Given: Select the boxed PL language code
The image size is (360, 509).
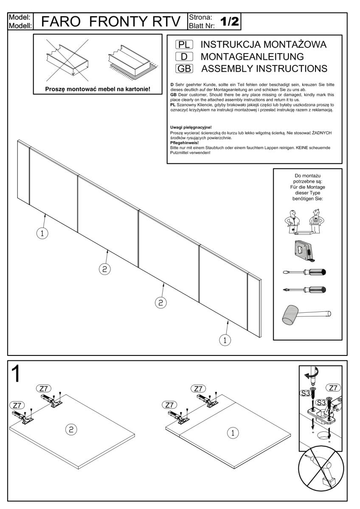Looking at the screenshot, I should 184,45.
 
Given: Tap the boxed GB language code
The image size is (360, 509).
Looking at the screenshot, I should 184,68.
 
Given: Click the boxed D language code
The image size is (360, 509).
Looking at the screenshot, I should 184,56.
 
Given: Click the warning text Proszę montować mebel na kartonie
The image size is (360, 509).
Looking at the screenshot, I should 98,89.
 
